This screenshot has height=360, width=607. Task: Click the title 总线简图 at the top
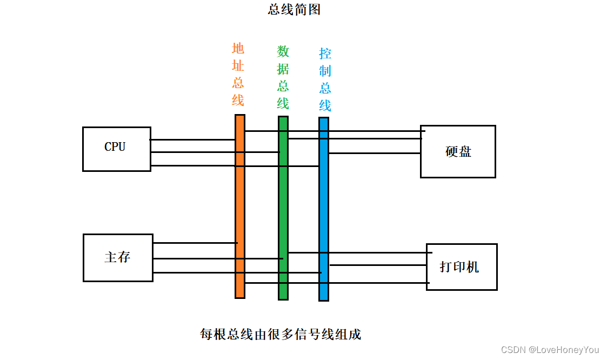click(294, 10)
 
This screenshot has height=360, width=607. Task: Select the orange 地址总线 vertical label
click(238, 75)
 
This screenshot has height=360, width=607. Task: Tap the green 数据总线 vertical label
click(283, 77)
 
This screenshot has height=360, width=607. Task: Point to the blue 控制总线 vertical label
click(325, 79)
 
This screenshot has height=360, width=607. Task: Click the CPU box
click(116, 149)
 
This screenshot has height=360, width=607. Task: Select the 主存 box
click(118, 257)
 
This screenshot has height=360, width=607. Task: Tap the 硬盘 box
click(458, 151)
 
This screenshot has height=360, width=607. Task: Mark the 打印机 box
click(461, 266)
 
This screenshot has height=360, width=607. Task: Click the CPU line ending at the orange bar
click(192, 139)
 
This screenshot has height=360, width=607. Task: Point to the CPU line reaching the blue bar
click(195, 165)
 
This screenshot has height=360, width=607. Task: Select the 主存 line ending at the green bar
click(216, 258)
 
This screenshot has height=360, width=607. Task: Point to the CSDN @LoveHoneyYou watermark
click(550, 350)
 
